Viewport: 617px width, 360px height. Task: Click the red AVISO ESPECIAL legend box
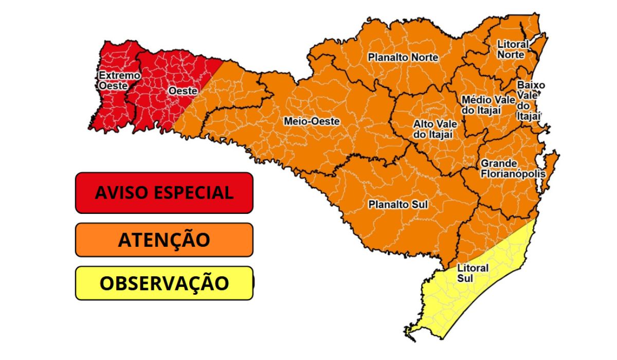164,193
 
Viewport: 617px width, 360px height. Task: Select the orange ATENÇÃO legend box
164,240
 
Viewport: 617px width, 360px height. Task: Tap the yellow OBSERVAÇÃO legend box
164,283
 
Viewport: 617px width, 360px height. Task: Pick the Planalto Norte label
403,58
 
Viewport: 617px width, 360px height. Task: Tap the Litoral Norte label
511,50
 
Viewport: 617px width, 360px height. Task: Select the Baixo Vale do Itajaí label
530,100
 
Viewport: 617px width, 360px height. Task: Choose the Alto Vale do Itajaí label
435,130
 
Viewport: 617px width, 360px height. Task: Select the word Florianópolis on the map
513,174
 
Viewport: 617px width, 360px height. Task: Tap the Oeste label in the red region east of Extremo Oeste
183,91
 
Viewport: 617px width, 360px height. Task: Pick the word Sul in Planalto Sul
419,205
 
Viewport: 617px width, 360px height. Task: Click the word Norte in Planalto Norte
424,58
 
